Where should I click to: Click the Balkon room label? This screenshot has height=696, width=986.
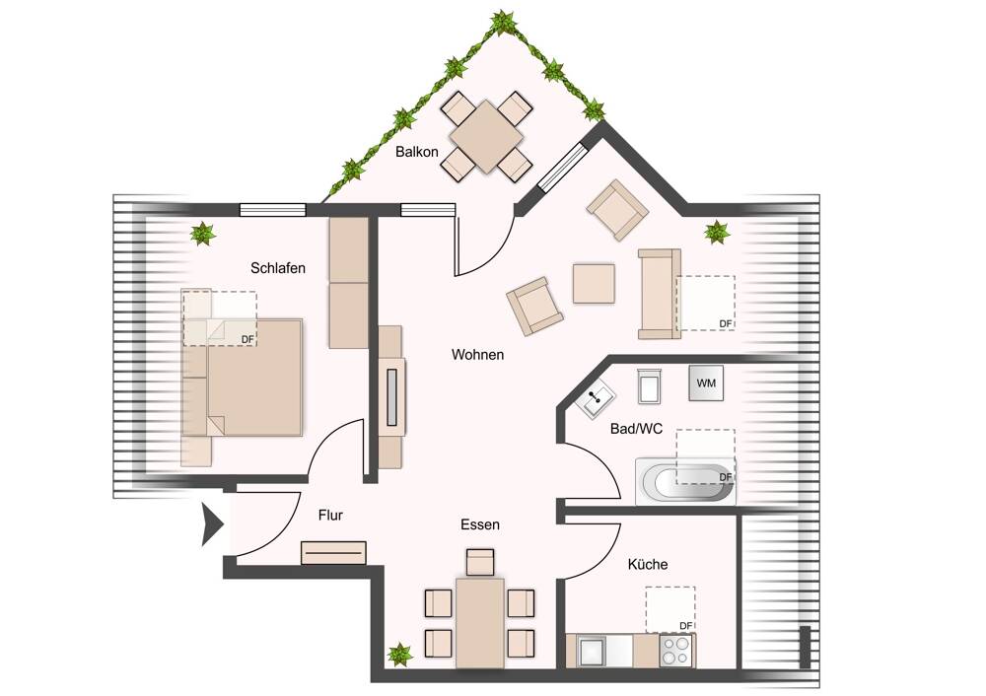click(417, 152)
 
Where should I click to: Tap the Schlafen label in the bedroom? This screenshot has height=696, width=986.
click(277, 268)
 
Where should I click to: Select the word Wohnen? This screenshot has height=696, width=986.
click(478, 354)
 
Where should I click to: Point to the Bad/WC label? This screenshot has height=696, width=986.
click(637, 430)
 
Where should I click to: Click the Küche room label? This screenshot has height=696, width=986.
click(648, 564)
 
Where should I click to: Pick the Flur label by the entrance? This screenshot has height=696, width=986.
click(330, 515)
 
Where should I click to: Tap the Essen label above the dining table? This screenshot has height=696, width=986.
click(480, 524)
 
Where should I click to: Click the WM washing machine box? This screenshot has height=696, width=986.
click(706, 383)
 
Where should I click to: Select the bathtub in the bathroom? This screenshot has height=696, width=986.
click(686, 482)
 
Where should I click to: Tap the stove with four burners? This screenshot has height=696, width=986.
click(675, 651)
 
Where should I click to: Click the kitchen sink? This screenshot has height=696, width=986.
click(594, 652)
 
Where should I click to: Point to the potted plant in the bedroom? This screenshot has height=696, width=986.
click(203, 234)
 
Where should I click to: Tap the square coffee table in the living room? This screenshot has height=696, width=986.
click(595, 283)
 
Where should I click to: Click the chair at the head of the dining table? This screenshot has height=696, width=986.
click(480, 562)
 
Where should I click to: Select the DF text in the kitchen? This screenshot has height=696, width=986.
click(686, 626)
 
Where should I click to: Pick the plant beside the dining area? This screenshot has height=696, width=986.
click(399, 654)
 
